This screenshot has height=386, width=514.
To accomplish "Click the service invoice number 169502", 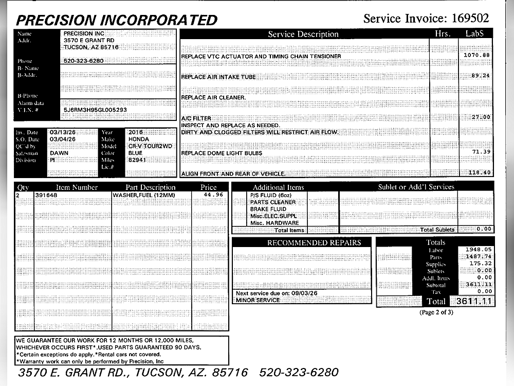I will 470,19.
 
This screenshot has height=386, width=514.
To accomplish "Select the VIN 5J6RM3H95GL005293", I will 95,110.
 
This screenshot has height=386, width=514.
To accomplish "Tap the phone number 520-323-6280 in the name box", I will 83,61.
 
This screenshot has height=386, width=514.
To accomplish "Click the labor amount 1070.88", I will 476,55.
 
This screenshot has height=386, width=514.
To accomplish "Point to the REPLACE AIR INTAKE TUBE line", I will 218,77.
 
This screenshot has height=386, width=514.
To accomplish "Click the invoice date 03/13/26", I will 62,132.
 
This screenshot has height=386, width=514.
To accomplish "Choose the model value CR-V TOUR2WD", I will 150,146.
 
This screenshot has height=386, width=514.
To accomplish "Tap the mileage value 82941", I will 137,160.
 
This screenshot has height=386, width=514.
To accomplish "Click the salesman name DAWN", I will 59,153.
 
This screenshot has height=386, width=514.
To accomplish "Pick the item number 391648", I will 46,196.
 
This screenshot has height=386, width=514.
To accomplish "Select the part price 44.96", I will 213,195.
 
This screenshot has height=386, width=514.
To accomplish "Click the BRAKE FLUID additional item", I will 268,209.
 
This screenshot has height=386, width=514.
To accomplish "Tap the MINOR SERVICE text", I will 258,300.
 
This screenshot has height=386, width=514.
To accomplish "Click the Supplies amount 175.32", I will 481,264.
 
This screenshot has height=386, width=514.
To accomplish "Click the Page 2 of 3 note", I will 436,312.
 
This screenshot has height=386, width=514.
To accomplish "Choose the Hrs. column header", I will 443,34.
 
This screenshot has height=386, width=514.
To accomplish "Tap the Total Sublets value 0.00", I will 484,229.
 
